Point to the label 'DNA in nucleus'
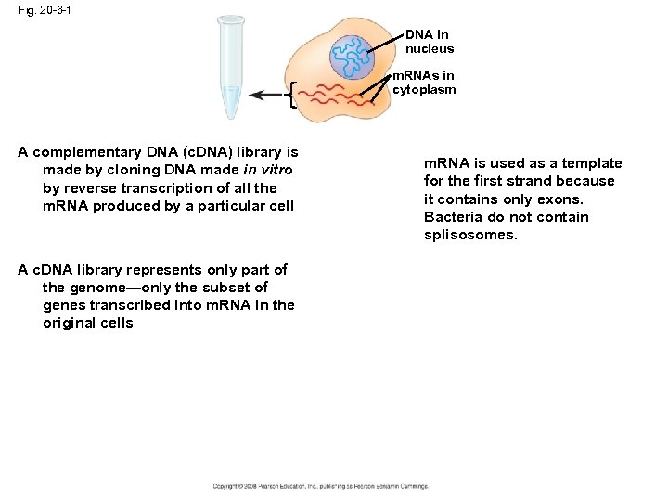pos(430,42)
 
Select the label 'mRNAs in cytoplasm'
pos(424,83)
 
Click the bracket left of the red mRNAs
pos(294,95)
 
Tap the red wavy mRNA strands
pos(339,96)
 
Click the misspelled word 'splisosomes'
pos(470,235)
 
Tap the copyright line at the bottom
pos(320,486)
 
